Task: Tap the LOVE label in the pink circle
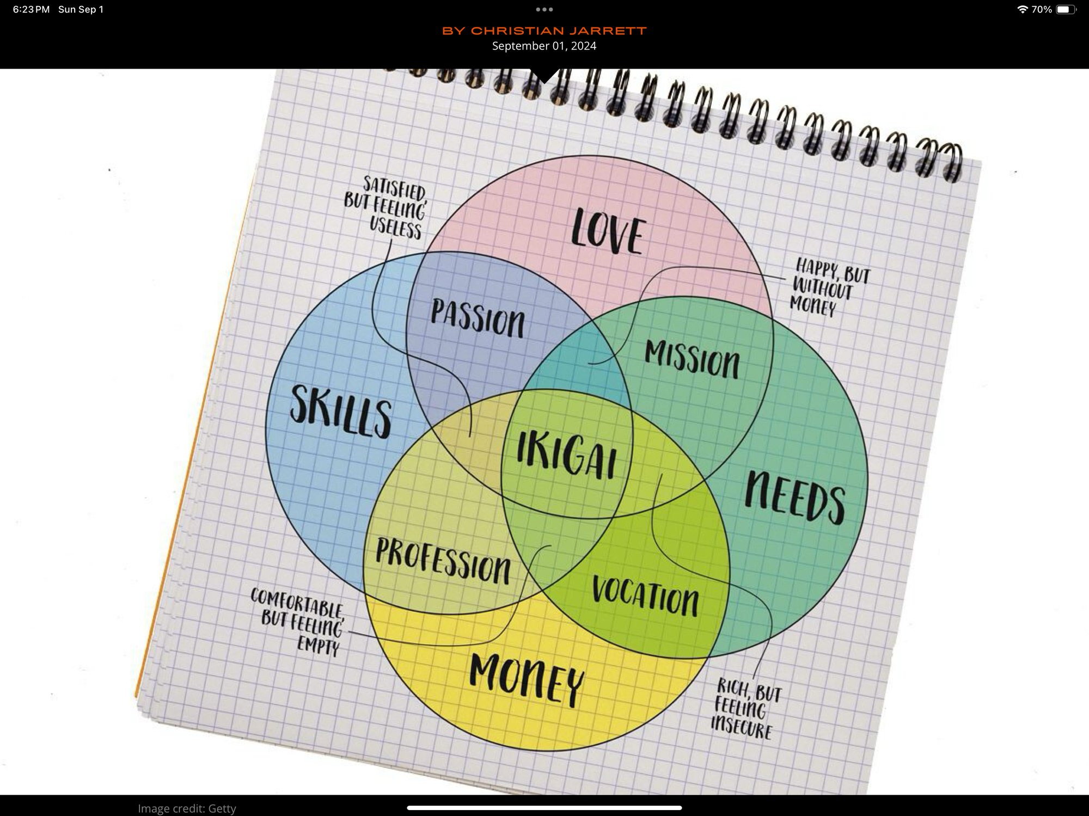click(608, 231)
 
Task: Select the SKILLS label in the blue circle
click(340, 411)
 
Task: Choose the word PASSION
click(478, 318)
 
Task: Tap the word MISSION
click(692, 359)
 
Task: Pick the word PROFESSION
click(443, 561)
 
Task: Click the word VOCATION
click(645, 596)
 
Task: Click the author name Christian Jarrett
click(544, 31)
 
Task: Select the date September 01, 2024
click(544, 46)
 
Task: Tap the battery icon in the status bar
click(1065, 9)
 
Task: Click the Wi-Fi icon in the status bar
click(1022, 9)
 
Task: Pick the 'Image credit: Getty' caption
click(187, 808)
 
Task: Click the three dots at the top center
click(544, 9)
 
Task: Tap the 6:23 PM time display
click(31, 9)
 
